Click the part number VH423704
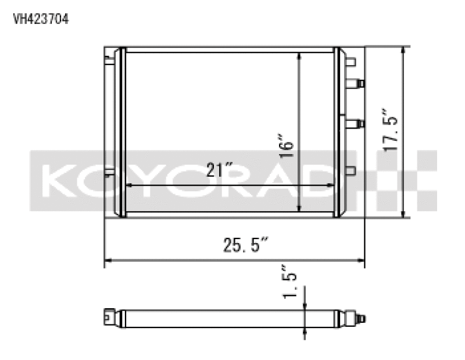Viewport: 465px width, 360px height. [x=41, y=19]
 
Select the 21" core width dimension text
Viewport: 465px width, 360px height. [x=220, y=170]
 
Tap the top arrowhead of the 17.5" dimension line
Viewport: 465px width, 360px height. [x=403, y=51]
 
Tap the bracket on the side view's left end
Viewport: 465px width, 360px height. [x=108, y=315]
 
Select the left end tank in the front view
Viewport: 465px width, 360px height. [x=122, y=133]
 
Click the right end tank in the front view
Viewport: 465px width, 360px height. [x=339, y=133]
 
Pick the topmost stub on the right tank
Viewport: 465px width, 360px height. [x=352, y=61]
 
